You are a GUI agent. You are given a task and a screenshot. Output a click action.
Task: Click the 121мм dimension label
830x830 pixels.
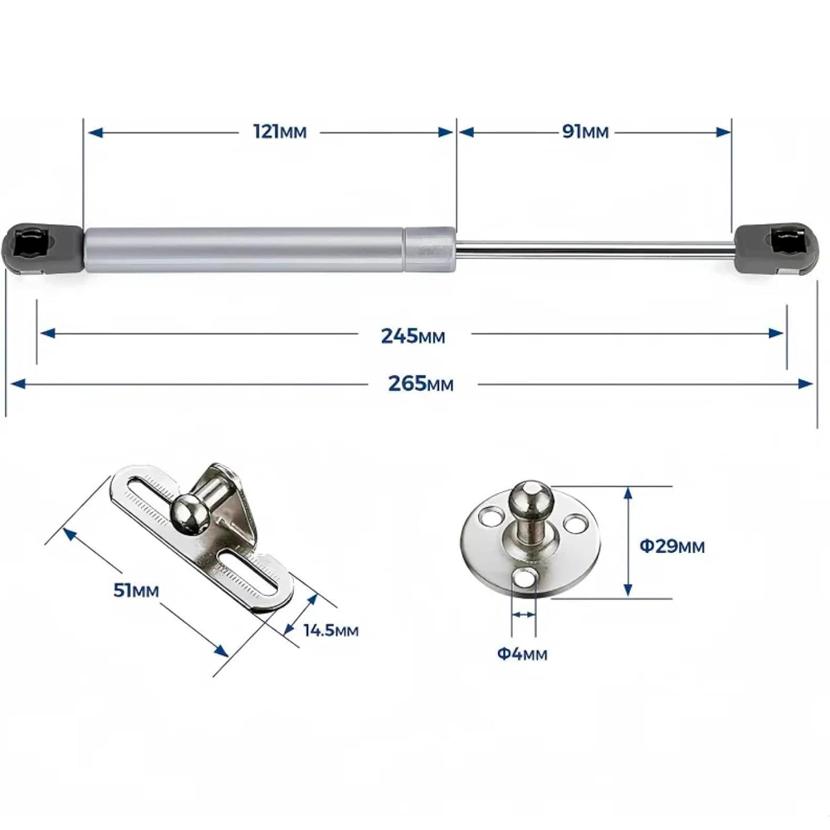[x=280, y=131]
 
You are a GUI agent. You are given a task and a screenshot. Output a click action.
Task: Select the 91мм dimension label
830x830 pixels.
[x=585, y=131]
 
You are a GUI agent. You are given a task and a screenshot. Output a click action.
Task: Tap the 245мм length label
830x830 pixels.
[x=413, y=335]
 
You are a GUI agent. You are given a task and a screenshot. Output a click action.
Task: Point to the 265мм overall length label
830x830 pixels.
[x=421, y=383]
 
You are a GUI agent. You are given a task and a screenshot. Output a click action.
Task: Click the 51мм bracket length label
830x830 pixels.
[x=136, y=589]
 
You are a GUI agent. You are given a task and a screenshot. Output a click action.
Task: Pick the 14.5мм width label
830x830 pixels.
[x=331, y=630]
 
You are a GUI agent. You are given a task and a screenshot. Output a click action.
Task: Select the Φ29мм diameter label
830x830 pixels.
[x=672, y=546]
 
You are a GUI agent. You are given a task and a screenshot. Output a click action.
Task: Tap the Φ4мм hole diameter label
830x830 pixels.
[x=522, y=654]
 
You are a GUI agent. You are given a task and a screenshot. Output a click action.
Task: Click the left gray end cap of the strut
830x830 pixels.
[x=43, y=249]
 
